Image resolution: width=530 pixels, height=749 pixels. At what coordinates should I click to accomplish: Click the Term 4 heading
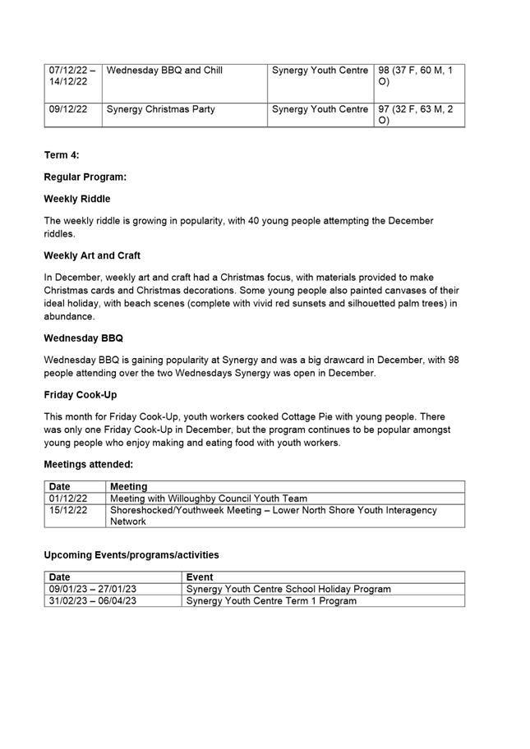(x=62, y=155)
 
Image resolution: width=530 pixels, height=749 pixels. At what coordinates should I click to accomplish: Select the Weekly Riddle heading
(x=77, y=199)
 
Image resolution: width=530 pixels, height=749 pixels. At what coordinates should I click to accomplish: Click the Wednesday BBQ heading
(x=84, y=338)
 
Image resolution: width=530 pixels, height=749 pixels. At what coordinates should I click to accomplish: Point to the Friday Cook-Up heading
(x=81, y=394)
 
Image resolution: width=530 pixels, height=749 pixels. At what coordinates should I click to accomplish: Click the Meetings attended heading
(x=89, y=464)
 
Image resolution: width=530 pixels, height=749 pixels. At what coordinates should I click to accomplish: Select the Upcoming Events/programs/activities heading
(x=131, y=555)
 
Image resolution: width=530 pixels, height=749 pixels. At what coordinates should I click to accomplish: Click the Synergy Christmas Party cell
(x=161, y=109)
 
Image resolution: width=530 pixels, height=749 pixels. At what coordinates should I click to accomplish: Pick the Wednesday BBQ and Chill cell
(x=164, y=71)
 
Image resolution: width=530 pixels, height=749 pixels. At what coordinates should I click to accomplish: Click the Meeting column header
(x=129, y=487)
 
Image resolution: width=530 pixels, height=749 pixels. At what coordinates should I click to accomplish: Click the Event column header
(x=200, y=577)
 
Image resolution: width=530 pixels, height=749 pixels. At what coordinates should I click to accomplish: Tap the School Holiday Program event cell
(x=288, y=589)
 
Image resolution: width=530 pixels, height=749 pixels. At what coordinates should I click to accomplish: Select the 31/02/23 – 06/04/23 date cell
(x=93, y=600)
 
